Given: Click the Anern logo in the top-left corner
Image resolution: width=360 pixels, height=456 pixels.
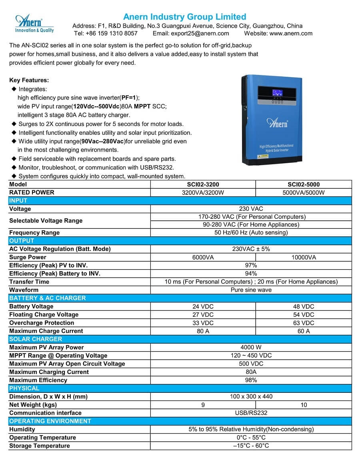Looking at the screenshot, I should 34,23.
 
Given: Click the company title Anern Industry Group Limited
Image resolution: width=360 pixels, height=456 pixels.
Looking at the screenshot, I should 184,16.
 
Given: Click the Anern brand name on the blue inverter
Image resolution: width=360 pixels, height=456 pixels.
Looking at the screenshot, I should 277,123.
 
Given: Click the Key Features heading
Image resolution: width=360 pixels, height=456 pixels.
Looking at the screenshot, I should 29,80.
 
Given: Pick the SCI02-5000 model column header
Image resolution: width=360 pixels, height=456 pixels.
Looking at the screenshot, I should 304,184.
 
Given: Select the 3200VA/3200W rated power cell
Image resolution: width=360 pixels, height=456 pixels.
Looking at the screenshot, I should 203,192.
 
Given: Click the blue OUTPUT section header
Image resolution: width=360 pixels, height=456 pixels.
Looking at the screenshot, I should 22,241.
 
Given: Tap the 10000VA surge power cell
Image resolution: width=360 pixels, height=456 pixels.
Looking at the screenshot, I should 304,257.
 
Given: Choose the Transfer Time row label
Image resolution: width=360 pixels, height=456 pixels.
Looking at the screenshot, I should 29,282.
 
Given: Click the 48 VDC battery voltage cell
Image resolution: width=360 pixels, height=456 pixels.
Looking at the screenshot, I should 304,306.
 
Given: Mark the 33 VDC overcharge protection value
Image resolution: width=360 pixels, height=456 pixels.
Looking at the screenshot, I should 203,323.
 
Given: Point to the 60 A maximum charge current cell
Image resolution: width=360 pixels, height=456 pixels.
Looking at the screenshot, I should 304,331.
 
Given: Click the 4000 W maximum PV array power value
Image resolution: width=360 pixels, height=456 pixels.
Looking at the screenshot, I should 251,347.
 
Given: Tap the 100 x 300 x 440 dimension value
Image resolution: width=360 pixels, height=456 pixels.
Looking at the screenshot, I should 251,396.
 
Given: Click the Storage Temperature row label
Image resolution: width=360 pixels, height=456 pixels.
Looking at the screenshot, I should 39,446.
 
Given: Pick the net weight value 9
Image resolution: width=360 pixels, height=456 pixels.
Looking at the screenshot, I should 203,405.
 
